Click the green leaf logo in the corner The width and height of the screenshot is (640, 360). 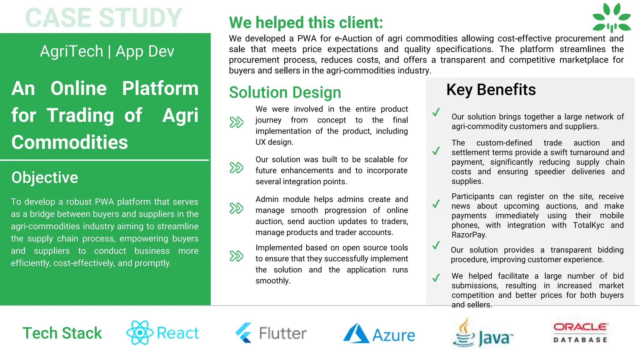tap(612, 18)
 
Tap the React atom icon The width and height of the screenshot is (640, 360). tap(140, 332)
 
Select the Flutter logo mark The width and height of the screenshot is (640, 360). tap(244, 333)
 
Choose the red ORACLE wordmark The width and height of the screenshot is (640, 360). tap(581, 327)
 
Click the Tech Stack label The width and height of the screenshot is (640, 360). tap(62, 333)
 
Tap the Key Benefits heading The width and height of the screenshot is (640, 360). tap(491, 90)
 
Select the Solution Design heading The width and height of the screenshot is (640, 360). tap(285, 92)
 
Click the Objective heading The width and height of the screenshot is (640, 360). tap(45, 177)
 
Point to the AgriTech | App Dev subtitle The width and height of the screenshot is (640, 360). tap(107, 51)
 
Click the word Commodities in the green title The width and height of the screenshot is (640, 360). tap(70, 142)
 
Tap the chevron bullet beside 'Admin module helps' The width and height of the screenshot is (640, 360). tap(236, 208)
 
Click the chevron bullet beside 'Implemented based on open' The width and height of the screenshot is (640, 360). tap(236, 256)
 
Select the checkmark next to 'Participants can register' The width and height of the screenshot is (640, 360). tap(436, 204)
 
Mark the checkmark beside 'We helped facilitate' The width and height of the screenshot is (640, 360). tap(436, 277)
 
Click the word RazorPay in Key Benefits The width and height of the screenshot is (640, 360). tap(468, 235)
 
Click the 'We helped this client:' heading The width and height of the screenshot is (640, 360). tap(306, 23)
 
